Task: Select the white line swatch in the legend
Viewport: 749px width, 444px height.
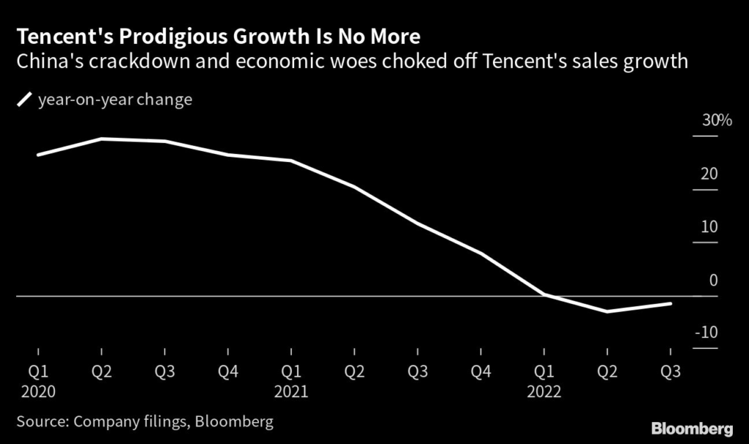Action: click(x=24, y=99)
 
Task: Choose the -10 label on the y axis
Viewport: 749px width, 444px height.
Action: click(x=707, y=333)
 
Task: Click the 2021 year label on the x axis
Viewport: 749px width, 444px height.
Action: click(x=291, y=391)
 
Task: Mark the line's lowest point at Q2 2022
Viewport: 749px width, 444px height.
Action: click(x=606, y=311)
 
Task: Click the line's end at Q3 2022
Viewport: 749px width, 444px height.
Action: click(x=671, y=303)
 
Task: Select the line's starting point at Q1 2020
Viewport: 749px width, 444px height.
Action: click(x=39, y=154)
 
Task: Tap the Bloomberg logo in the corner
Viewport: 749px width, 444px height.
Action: click(x=692, y=426)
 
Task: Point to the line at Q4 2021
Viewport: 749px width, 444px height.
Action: click(x=481, y=253)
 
